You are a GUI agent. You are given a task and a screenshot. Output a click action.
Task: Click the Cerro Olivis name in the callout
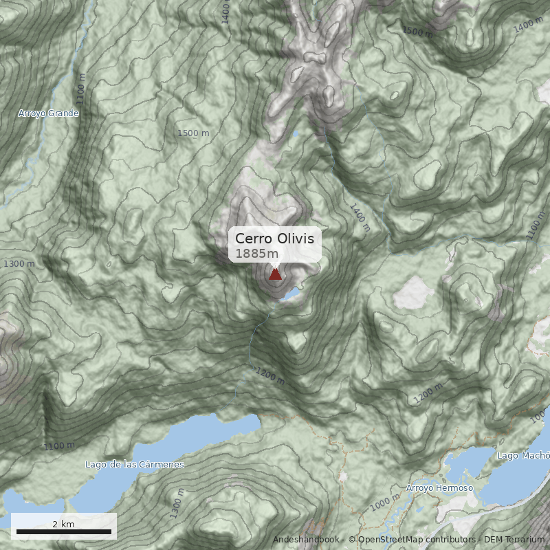click(x=274, y=239)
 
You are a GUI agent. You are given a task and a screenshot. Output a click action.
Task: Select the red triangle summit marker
click(x=275, y=275)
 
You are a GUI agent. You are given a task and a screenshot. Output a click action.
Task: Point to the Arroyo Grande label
click(x=48, y=113)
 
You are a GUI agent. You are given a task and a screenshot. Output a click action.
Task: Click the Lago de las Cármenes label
click(x=135, y=465)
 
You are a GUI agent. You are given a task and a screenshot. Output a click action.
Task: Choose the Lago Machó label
click(x=522, y=456)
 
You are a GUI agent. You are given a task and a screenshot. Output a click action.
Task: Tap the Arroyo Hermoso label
click(x=439, y=488)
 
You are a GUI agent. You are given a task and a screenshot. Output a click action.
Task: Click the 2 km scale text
click(x=63, y=524)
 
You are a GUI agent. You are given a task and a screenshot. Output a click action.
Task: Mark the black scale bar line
click(x=63, y=532)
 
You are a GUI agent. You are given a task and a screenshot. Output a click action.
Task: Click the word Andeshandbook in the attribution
click(x=306, y=540)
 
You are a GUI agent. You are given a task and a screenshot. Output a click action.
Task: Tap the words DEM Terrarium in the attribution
click(x=514, y=540)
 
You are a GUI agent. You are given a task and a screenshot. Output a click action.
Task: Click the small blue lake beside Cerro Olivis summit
click(x=291, y=294)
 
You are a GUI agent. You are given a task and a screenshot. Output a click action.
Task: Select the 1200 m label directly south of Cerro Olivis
click(x=269, y=375)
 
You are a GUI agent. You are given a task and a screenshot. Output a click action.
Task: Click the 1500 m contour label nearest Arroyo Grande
click(x=193, y=133)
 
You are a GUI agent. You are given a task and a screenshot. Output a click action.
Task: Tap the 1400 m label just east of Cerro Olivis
click(x=360, y=217)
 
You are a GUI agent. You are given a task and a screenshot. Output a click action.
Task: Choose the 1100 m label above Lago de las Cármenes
click(x=59, y=446)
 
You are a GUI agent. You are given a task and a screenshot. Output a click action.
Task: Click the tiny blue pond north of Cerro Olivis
click(x=296, y=133)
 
